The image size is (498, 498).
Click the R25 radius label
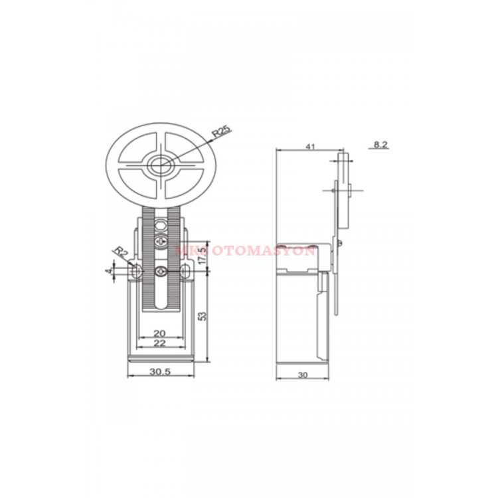pyautogui.click(x=221, y=131)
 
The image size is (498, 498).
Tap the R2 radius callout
pyautogui.click(x=120, y=253)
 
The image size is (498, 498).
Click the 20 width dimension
pyautogui.click(x=160, y=333)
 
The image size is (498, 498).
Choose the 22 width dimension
pyautogui.click(x=160, y=343)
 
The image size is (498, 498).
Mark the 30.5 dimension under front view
pyautogui.click(x=160, y=373)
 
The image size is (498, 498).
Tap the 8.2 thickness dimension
pyautogui.click(x=380, y=145)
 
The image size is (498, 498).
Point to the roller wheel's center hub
pyautogui.click(x=160, y=165)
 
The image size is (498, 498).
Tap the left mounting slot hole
pyautogui.click(x=136, y=272)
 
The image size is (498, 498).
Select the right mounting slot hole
pyautogui.click(x=185, y=272)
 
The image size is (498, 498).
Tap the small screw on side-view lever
pyautogui.click(x=340, y=244)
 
